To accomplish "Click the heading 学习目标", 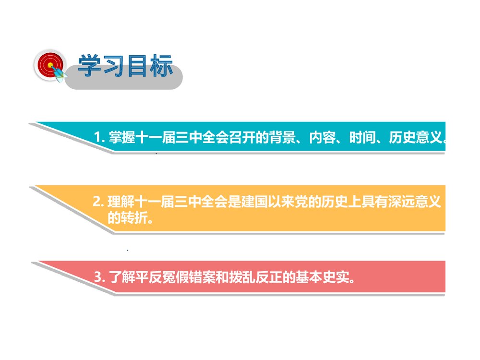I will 125,66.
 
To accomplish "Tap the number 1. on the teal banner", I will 99,138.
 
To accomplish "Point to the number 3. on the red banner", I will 99,277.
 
